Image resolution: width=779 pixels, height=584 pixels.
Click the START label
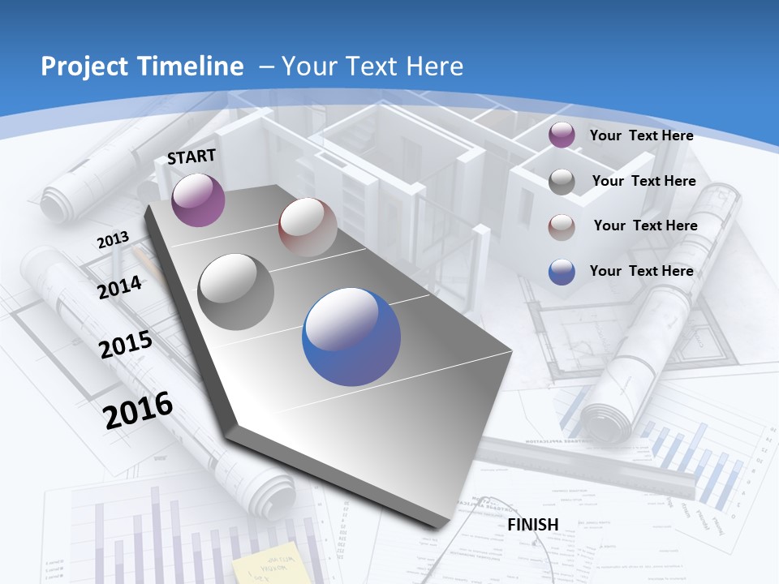point(192,156)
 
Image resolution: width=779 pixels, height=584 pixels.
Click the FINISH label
point(532,525)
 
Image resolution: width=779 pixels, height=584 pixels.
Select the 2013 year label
point(113,240)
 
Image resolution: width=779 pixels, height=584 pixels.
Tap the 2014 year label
point(120,287)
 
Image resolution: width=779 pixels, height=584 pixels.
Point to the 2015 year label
point(126,345)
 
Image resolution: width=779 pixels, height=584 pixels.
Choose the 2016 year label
point(138,410)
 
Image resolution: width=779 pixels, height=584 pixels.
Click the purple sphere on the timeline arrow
point(198,200)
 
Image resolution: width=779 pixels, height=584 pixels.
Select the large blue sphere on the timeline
point(351,337)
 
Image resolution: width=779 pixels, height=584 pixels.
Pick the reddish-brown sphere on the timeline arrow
point(308,227)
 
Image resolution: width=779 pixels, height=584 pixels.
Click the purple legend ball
point(562,135)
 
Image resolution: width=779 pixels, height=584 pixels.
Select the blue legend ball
point(562,272)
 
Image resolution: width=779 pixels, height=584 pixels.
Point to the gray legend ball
point(562,182)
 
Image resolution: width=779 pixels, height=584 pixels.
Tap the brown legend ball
point(562,227)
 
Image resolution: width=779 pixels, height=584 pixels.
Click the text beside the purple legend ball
point(641,135)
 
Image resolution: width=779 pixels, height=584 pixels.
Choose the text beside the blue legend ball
point(641,271)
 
